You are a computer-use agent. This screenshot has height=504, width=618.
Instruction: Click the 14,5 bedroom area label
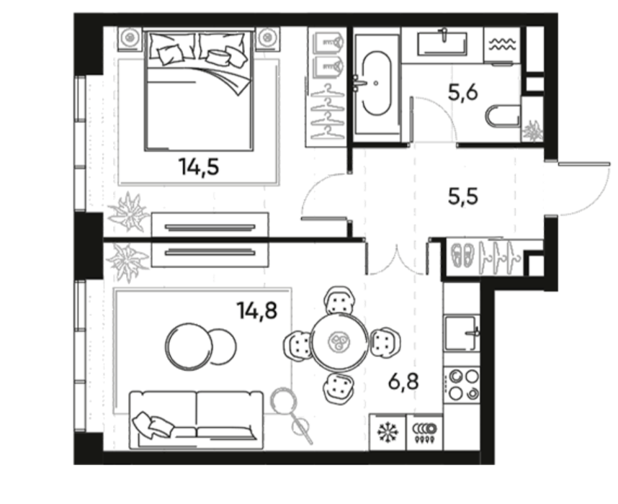(199, 167)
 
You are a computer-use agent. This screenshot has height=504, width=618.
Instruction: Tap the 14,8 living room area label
(257, 310)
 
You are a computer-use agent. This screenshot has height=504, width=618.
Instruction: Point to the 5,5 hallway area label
(463, 196)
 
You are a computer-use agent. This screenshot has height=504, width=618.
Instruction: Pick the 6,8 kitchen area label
(403, 381)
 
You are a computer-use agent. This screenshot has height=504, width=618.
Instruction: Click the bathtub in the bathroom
(377, 84)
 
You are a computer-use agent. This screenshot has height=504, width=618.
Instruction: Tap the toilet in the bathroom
(503, 116)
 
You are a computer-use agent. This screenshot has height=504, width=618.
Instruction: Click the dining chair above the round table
(339, 300)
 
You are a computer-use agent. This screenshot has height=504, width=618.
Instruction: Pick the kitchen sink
(462, 333)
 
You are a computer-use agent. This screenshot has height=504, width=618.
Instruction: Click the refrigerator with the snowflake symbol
(388, 432)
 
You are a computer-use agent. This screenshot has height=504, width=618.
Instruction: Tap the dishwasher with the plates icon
(424, 432)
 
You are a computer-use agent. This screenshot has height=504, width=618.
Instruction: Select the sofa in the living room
(197, 420)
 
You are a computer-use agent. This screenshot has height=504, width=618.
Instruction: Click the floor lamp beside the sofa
(291, 414)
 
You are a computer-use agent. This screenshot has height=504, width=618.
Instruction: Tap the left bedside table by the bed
(130, 39)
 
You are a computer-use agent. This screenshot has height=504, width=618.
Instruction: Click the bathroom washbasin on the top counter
(442, 41)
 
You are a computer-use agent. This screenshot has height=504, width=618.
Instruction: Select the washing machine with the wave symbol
(502, 43)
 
